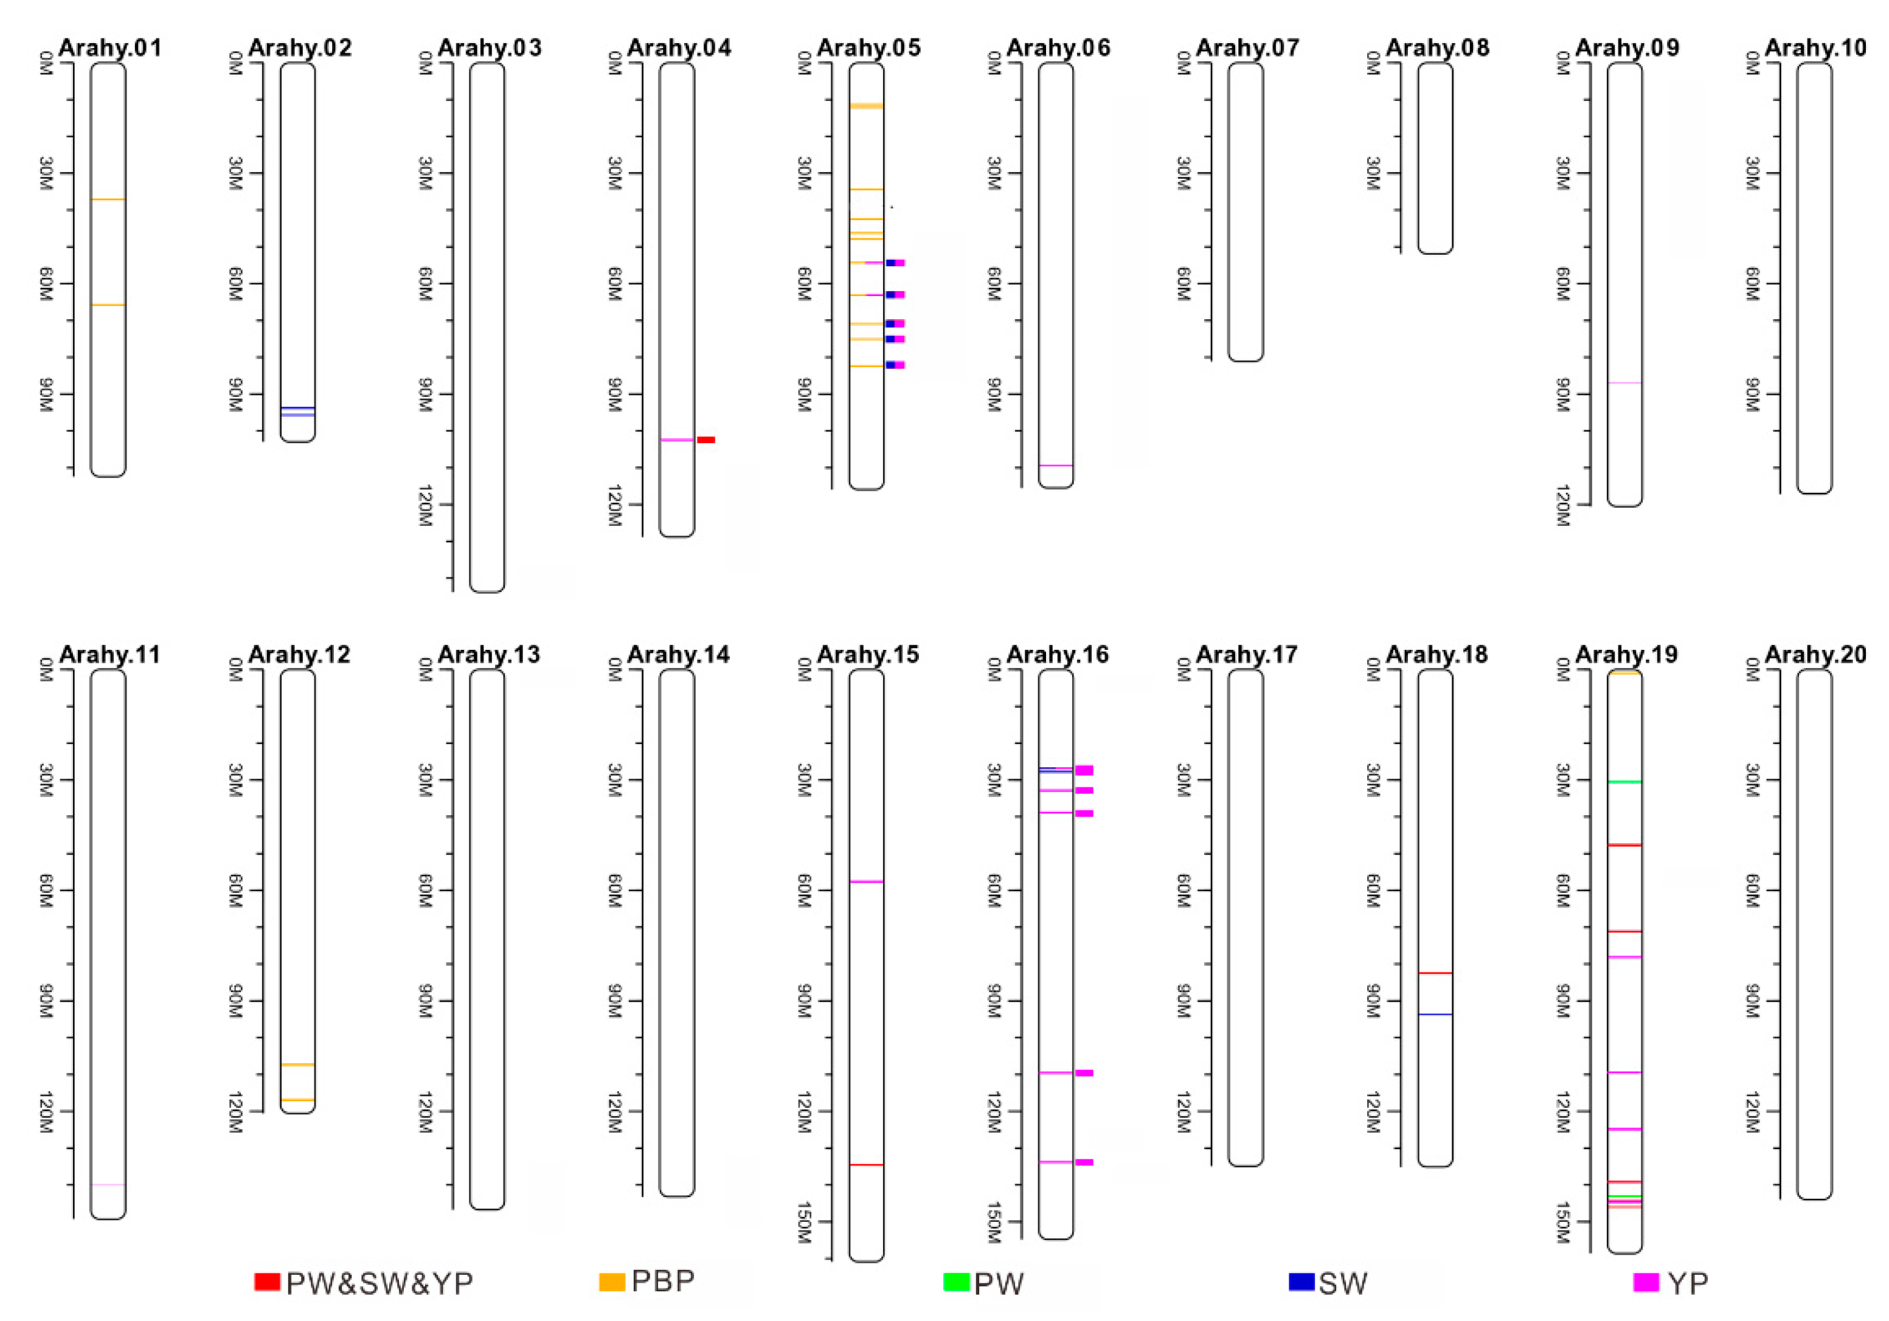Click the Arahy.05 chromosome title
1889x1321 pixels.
[869, 47]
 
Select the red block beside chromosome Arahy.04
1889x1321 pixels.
[706, 440]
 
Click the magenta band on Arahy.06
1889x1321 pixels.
[1056, 466]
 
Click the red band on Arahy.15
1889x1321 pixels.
[866, 1165]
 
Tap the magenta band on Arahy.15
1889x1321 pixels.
[866, 881]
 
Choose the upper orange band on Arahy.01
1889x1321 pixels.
[108, 199]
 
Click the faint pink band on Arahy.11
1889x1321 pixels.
[108, 1184]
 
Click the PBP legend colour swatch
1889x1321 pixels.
[612, 1281]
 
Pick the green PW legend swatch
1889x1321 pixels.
[956, 1281]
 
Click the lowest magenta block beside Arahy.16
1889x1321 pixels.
[1084, 1162]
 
